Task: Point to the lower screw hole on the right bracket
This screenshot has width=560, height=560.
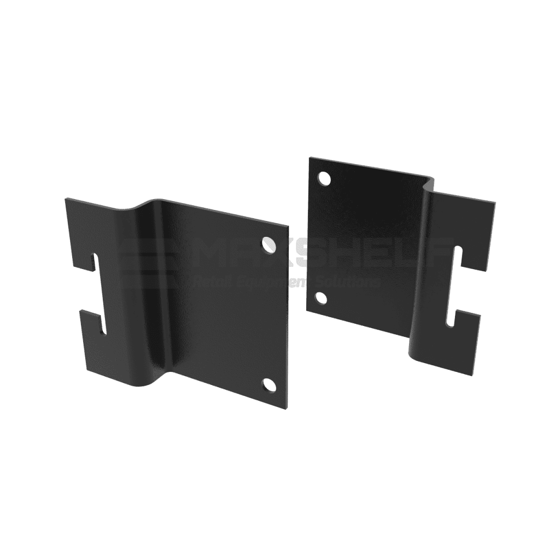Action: (x=321, y=298)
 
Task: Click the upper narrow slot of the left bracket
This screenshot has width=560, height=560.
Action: (x=96, y=262)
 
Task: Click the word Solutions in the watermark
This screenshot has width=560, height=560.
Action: (x=353, y=282)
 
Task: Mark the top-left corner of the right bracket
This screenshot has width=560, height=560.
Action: (x=311, y=159)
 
